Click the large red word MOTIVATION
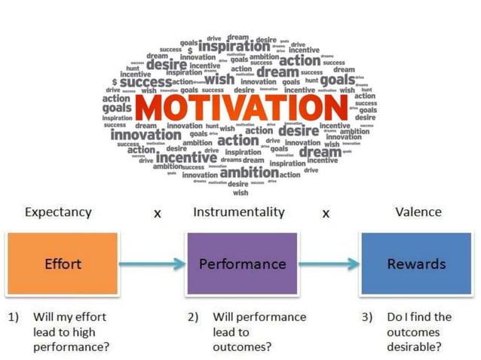click(x=240, y=107)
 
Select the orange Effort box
click(x=63, y=264)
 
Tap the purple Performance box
click(x=242, y=264)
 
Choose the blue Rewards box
click(x=416, y=264)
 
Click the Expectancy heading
click(x=58, y=212)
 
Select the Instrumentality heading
click(x=239, y=212)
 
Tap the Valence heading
click(x=418, y=212)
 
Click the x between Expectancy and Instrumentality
click(x=158, y=214)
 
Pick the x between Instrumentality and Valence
click(x=326, y=214)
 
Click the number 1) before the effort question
click(x=14, y=317)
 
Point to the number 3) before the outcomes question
click(x=368, y=317)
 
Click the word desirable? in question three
click(x=414, y=347)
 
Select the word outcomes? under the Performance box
click(x=242, y=347)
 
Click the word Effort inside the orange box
click(x=63, y=264)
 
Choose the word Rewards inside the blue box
click(x=416, y=264)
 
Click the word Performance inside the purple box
click(x=242, y=264)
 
